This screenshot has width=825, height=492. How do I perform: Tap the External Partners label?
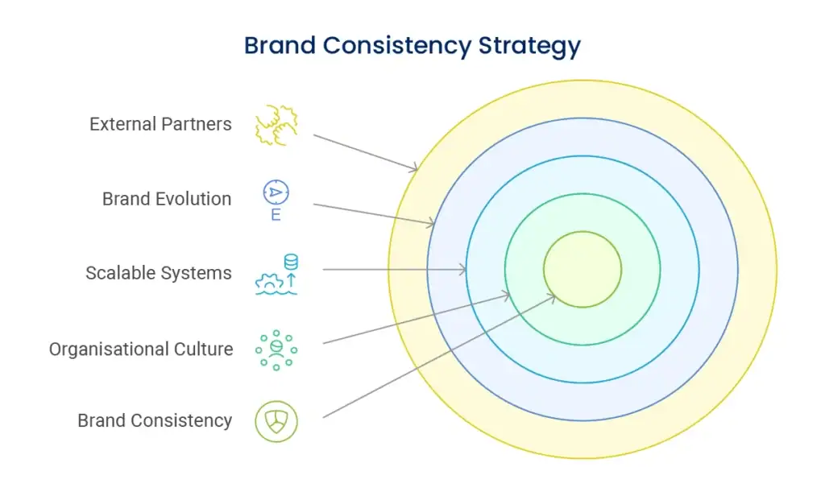click(160, 124)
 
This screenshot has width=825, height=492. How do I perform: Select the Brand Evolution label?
click(167, 199)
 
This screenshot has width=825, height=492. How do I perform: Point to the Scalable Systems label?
click(159, 273)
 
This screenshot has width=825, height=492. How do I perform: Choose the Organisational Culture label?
click(141, 349)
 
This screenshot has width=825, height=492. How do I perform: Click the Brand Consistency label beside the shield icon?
click(155, 420)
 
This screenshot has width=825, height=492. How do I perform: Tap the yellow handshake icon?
click(276, 125)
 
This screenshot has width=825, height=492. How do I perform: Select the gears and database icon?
click(276, 275)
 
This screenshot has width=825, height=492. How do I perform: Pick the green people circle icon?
click(276, 349)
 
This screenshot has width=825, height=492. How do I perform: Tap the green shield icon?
click(276, 420)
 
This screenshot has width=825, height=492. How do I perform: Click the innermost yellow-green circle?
click(582, 269)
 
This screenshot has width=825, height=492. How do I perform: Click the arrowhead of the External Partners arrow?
click(415, 168)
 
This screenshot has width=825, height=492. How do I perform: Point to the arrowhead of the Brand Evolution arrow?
click(433, 223)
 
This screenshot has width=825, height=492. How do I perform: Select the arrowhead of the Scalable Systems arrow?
click(463, 270)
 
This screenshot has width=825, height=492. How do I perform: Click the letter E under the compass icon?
click(276, 215)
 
